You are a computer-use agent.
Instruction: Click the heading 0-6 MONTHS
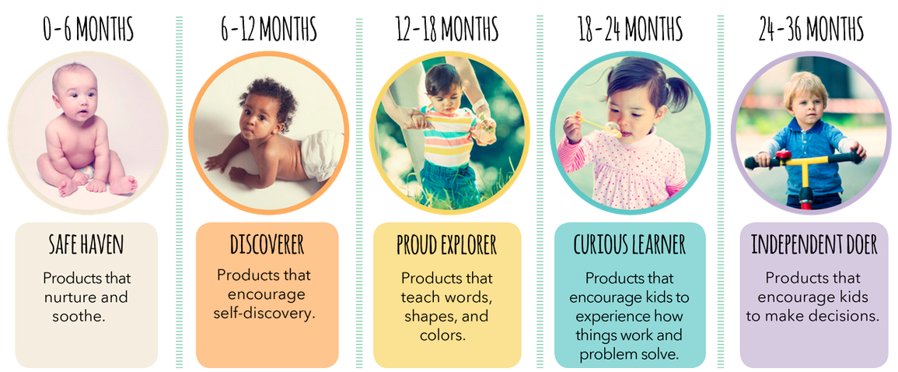coord(88,28)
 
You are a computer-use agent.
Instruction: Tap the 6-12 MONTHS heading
coord(268,28)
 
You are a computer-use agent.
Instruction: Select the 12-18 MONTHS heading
coord(447,28)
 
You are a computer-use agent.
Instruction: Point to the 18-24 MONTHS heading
coord(630,28)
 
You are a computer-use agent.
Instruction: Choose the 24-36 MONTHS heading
coord(811,28)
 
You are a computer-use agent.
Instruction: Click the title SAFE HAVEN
coord(86,244)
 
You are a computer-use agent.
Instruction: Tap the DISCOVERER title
coord(267,244)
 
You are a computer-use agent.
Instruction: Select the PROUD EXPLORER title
coord(447,244)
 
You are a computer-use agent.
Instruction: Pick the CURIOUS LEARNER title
coord(630,244)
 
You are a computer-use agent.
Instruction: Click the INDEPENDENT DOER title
coord(814,244)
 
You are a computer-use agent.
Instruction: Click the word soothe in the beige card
coord(77,317)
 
